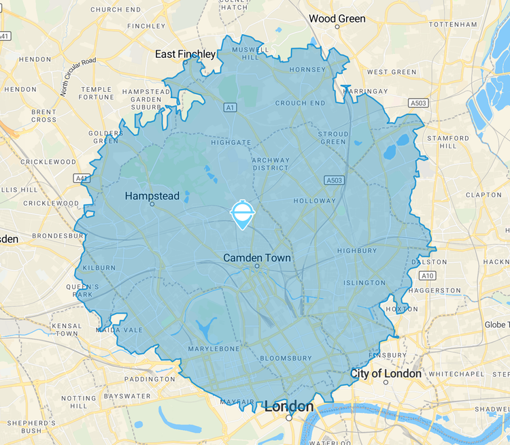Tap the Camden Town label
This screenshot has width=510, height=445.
point(257,258)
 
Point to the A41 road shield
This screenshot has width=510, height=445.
point(82,178)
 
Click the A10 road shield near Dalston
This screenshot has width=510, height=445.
point(428,276)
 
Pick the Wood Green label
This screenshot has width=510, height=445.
point(337,18)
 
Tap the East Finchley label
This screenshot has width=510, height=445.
point(185,54)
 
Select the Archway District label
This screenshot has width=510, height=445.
point(271,164)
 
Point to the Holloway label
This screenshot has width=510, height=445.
point(314,201)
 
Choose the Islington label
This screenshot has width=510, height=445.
point(364,282)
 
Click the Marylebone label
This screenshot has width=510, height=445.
point(214,349)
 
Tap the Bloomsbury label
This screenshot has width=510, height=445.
point(286,358)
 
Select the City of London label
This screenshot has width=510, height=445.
point(386,374)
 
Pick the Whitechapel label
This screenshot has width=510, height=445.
point(455,374)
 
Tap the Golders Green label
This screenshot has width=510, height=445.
point(105,136)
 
